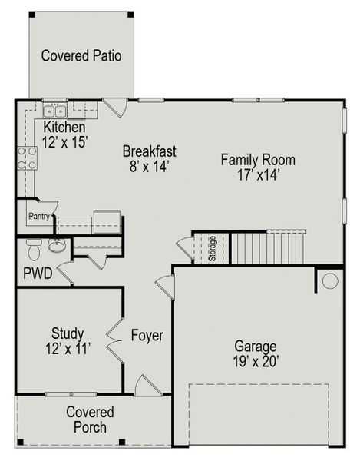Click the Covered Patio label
click(81, 55)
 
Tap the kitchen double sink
click(56, 109)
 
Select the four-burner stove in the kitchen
click(28, 158)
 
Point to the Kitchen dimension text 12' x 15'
click(66, 141)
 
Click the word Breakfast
click(150, 151)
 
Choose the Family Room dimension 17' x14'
click(258, 174)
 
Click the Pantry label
click(39, 217)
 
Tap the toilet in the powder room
click(33, 250)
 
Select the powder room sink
click(56, 246)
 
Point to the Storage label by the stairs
click(213, 248)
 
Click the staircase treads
click(269, 247)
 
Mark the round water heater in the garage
click(329, 281)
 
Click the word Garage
click(256, 347)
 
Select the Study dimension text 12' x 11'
click(68, 348)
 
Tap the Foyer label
click(146, 336)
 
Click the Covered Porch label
click(90, 420)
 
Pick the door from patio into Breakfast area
click(114, 107)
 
